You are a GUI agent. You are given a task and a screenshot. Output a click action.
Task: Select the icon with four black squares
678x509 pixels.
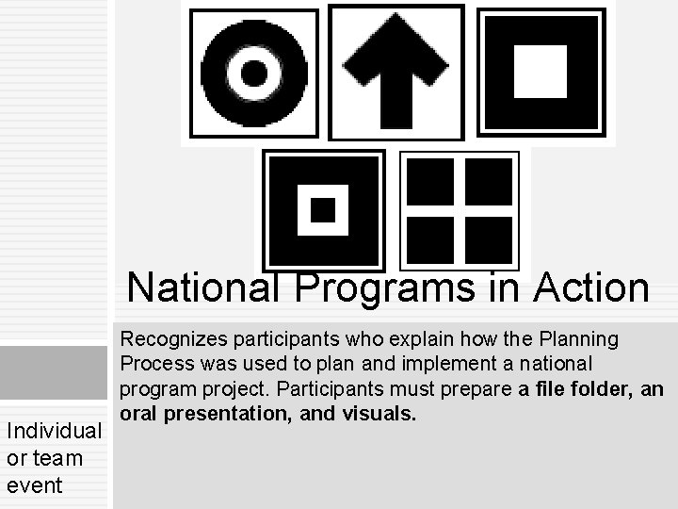tap(460, 211)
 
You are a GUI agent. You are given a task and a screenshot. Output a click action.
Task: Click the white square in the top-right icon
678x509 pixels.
tap(540, 71)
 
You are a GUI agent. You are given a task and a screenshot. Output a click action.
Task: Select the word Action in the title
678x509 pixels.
tap(590, 287)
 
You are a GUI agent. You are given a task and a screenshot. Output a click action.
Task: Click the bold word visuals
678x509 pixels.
tap(382, 413)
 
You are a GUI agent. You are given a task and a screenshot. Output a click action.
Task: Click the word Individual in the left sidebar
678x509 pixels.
tap(54, 431)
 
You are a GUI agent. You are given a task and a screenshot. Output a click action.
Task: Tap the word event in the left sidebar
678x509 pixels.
tap(34, 485)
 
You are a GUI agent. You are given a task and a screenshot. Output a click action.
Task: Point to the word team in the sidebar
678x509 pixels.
tap(57, 458)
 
